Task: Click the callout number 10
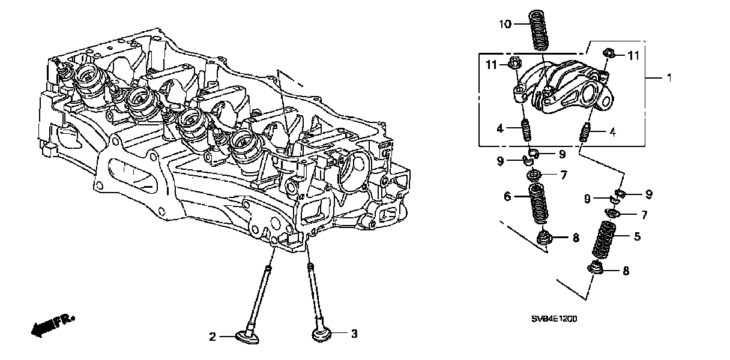[505, 24]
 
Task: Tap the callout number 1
[669, 77]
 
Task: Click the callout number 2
[212, 337]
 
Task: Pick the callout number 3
[354, 334]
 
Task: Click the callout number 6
[507, 196]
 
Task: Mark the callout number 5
[637, 237]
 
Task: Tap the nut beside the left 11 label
[514, 62]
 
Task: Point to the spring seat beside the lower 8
[596, 270]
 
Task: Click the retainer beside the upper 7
[532, 175]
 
